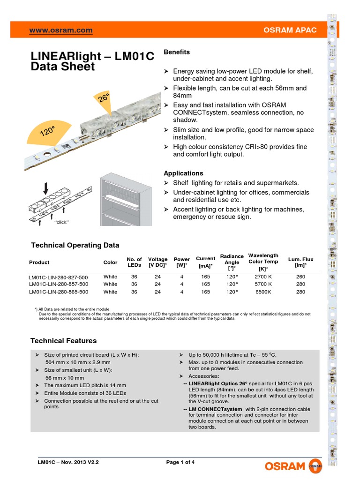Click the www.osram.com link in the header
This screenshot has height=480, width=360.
pyautogui.click(x=61, y=30)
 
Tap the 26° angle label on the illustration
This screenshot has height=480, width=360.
pyautogui.click(x=104, y=98)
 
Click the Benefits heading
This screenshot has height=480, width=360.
pyautogui.click(x=177, y=52)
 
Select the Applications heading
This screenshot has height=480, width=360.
pyautogui.click(x=183, y=173)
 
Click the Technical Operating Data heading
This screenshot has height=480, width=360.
pyautogui.click(x=75, y=245)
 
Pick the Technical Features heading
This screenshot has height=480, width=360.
pyautogui.click(x=63, y=341)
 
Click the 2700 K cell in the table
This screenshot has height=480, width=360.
pyautogui.click(x=263, y=277)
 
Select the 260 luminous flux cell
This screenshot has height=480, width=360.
pyautogui.click(x=300, y=277)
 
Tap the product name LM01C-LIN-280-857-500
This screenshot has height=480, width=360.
pyautogui.click(x=58, y=284)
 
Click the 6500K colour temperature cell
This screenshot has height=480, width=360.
pyautogui.click(x=263, y=292)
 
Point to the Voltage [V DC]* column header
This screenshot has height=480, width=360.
pyautogui.click(x=157, y=262)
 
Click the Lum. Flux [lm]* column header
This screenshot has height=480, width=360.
pyautogui.click(x=300, y=262)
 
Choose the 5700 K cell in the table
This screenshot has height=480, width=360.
pyautogui.click(x=263, y=284)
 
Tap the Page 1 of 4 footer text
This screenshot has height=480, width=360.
pyautogui.click(x=180, y=462)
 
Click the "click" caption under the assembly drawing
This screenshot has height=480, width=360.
pyautogui.click(x=61, y=222)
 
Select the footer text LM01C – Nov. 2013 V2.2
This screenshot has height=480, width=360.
pyautogui.click(x=68, y=462)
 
